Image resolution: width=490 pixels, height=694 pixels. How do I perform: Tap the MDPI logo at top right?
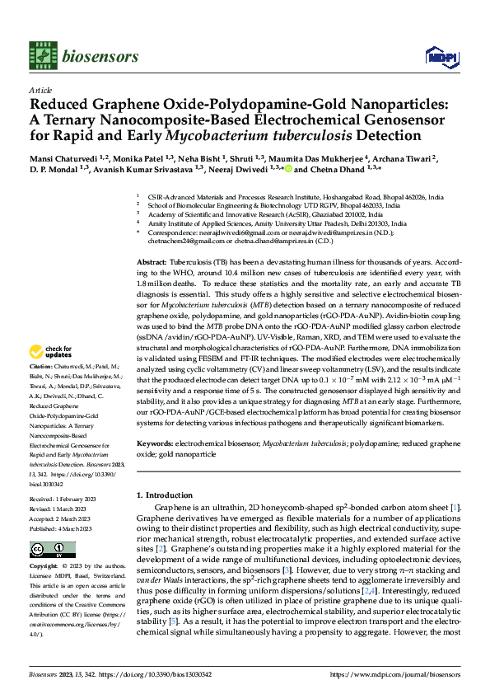(x=436, y=56)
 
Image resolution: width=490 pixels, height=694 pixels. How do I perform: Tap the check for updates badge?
(x=54, y=377)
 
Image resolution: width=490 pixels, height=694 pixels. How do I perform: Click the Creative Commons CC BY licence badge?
(x=53, y=550)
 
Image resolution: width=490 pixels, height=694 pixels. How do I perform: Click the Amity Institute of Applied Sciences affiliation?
(x=272, y=223)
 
